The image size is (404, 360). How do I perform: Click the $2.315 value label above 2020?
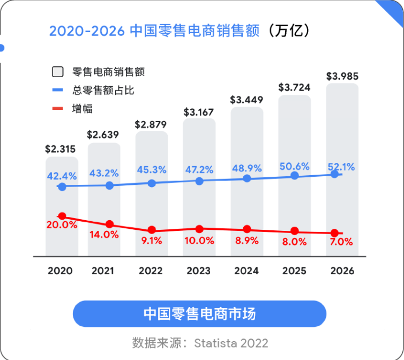[62, 148]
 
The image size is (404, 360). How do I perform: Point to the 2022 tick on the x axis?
[151, 271]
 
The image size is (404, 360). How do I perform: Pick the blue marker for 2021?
[109, 185]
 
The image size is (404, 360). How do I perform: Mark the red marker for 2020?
[62, 216]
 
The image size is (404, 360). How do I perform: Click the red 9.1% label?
[151, 241]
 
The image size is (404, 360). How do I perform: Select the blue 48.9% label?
[247, 168]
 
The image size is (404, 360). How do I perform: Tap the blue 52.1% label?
[342, 166]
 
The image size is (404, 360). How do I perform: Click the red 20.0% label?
[62, 225]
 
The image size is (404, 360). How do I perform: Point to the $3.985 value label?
[342, 76]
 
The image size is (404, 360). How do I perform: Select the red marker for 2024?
[246, 229]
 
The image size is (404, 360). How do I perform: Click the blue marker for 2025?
[294, 176]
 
